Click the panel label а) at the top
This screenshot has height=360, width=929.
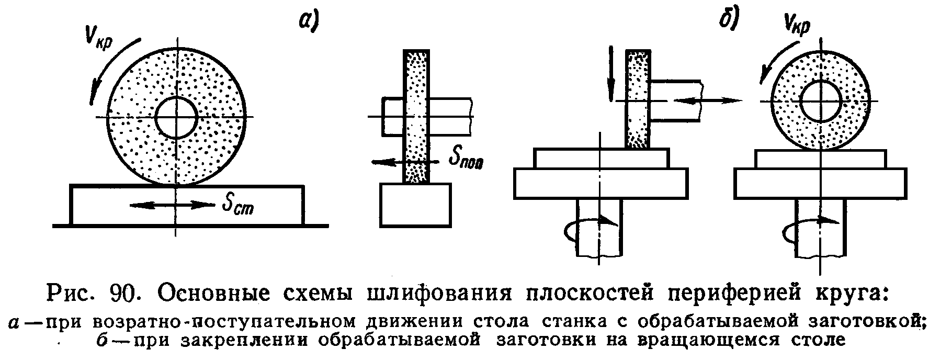[309, 21]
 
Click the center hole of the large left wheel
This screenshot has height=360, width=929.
[176, 118]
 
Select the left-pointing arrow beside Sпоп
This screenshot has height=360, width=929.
[387, 162]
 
